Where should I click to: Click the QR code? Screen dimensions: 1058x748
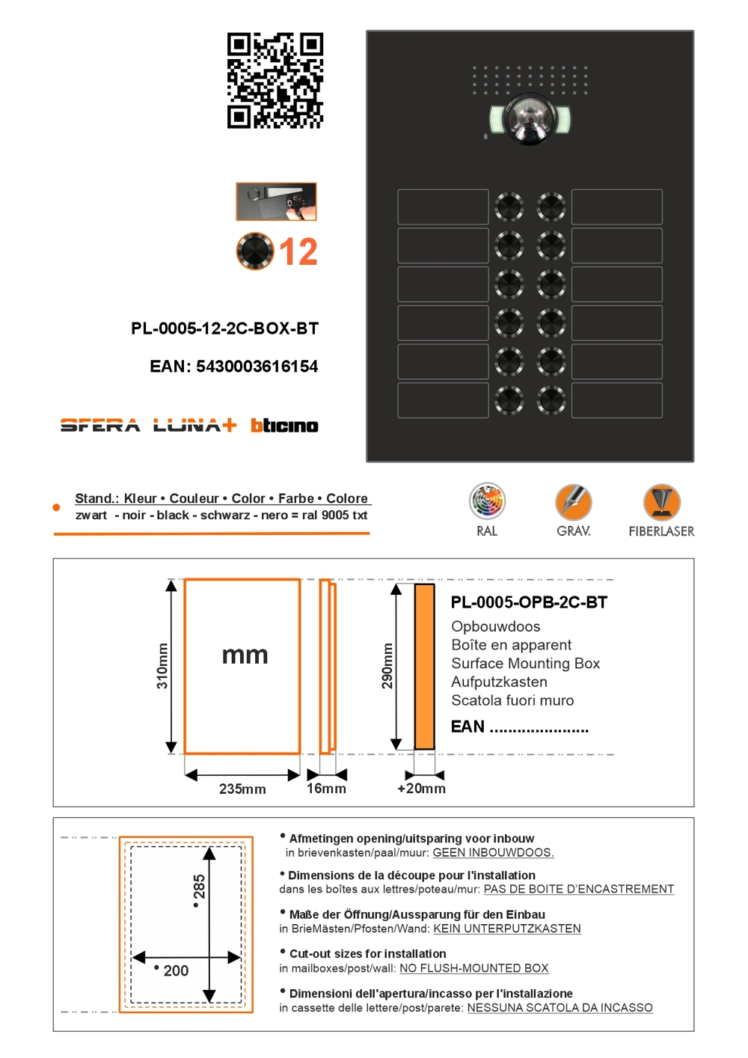275,80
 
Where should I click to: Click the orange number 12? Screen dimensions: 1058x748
298,252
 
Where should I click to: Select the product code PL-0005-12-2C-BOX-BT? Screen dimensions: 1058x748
224,328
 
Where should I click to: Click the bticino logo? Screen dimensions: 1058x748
284,426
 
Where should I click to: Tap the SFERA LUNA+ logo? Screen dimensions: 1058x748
148,426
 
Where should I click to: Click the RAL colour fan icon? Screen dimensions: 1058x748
487,502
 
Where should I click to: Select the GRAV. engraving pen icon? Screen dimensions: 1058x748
574,502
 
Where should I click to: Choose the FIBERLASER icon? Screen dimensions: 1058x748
661,502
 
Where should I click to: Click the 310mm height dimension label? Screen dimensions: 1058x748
162,666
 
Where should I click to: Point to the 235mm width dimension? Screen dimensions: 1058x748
242,789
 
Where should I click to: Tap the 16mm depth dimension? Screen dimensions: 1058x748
326,789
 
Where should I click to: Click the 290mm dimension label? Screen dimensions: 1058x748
387,666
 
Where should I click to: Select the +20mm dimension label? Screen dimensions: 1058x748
421,789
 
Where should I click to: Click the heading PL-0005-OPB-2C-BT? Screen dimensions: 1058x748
529,602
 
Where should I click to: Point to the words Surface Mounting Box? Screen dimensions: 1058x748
525,664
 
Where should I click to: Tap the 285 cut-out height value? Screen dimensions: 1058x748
199,887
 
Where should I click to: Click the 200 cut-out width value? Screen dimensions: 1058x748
176,970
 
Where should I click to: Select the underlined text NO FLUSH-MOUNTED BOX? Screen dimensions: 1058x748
473,968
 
